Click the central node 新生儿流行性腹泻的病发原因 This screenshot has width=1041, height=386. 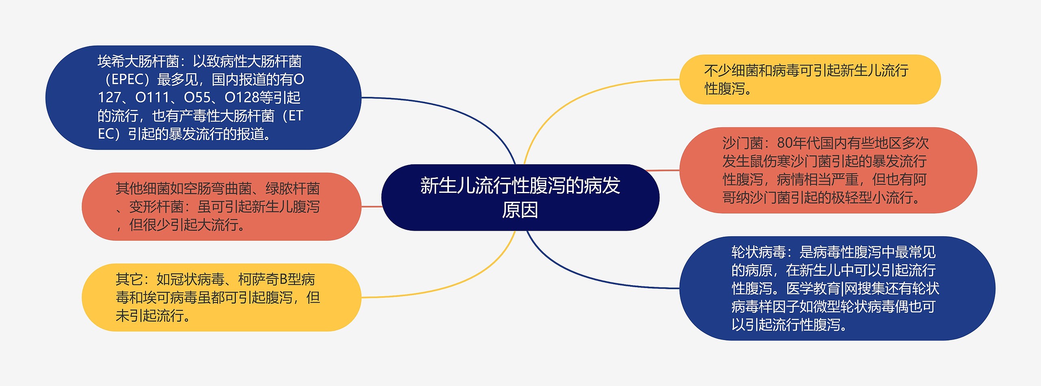[520, 197]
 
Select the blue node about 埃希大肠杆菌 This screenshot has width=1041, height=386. [203, 98]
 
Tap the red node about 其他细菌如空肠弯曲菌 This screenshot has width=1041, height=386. [222, 207]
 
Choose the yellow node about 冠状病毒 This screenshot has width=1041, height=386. [222, 297]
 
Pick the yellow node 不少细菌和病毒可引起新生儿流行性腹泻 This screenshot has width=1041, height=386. [810, 79]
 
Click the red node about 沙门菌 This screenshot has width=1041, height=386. [828, 170]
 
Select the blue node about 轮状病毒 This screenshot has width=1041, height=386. [837, 288]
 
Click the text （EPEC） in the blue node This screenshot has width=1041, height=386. [127, 79]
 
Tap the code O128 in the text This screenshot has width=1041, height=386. [242, 98]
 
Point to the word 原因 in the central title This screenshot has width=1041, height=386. [520, 210]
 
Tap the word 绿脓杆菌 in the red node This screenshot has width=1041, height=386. [293, 189]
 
